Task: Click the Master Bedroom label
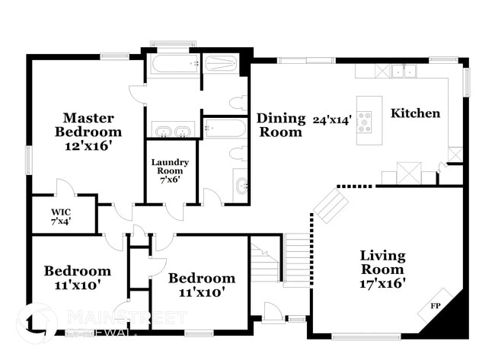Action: (88, 125)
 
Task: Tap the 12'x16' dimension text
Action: (88, 145)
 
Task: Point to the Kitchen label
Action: (415, 113)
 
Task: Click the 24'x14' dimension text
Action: (331, 119)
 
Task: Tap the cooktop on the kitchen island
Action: (366, 121)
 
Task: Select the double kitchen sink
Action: (404, 72)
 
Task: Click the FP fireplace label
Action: (436, 305)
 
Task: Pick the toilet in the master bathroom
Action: (238, 103)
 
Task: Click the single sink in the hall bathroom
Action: (241, 185)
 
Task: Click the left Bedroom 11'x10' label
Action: (77, 278)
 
